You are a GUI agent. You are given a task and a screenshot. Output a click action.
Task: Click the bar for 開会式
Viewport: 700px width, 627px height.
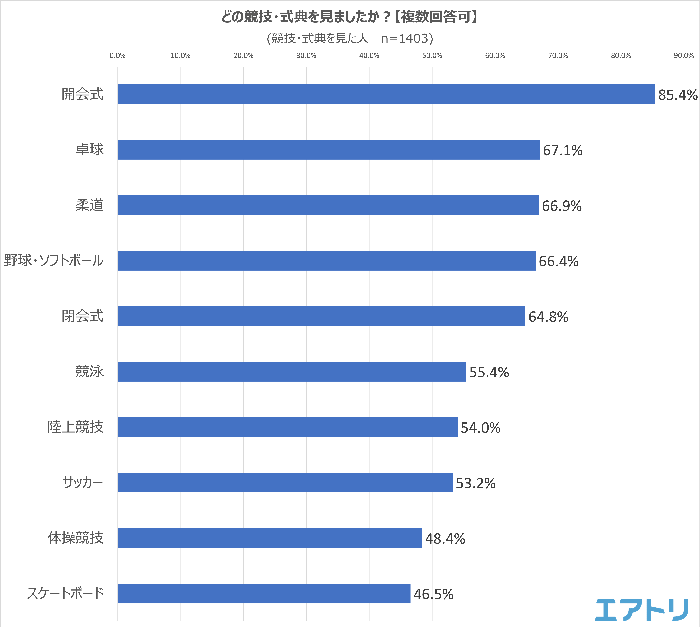[x=386, y=94]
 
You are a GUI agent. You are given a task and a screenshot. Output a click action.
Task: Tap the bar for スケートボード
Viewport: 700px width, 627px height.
[x=264, y=594]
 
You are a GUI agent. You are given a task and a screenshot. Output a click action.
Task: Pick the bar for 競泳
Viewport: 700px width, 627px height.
[x=292, y=372]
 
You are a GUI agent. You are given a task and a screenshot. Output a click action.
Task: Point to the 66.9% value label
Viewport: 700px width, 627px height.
[x=562, y=206]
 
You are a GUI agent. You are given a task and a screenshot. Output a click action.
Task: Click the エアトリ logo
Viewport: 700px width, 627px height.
[x=641, y=610]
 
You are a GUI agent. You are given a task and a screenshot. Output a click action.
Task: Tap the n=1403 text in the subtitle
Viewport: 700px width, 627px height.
[x=407, y=39]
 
